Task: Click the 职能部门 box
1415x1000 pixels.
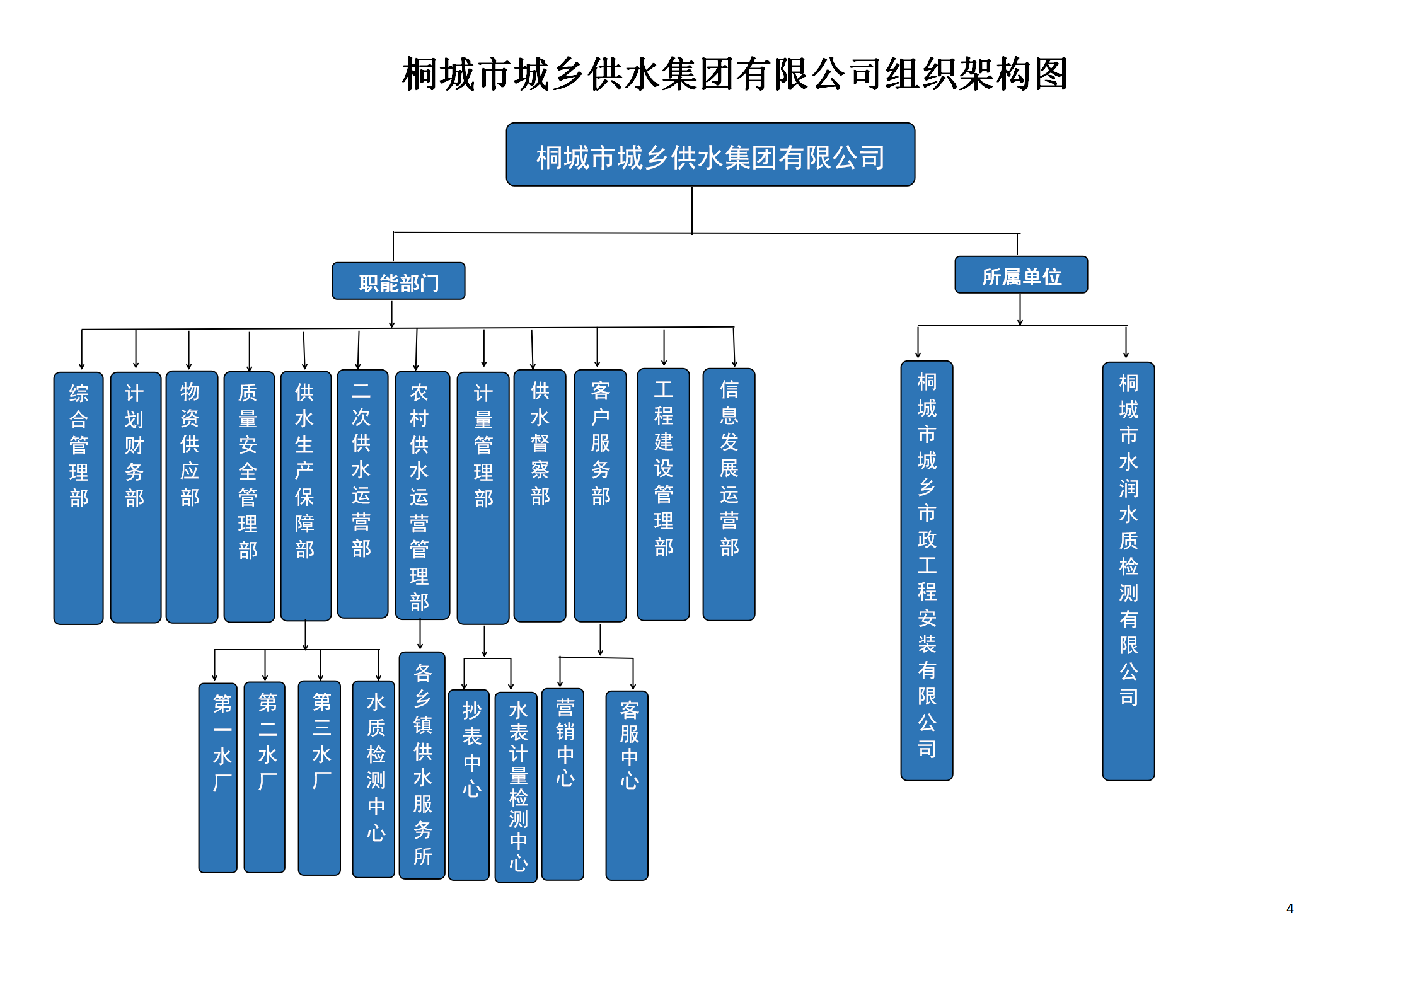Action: coord(398,281)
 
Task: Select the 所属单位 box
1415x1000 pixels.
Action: coord(1021,275)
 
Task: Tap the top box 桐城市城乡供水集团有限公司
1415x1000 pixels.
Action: coord(710,154)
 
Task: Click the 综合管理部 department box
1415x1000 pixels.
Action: coord(79,498)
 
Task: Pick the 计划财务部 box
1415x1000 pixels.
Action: coord(136,497)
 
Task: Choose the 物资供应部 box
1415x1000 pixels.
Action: coord(192,497)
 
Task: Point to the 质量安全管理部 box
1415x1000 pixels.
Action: coord(249,497)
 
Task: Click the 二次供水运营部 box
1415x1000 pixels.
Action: coord(362,493)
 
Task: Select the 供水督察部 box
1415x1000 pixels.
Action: coord(540,495)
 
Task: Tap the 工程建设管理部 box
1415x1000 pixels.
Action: coord(663,495)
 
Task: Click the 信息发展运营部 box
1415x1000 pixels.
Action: coord(729,495)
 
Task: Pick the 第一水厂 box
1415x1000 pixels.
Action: coord(218,778)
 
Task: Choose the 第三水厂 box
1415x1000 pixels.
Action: coord(320,778)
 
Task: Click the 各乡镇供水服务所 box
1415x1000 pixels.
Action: coord(422,765)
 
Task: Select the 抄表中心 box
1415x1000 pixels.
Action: coord(469,784)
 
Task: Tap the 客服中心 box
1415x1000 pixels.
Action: coord(627,785)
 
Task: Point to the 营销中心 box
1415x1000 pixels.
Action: coord(563,784)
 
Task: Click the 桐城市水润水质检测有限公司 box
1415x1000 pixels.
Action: coord(1128,571)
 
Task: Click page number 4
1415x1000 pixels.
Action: coord(1290,908)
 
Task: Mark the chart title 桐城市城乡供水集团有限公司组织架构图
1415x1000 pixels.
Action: coord(734,74)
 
